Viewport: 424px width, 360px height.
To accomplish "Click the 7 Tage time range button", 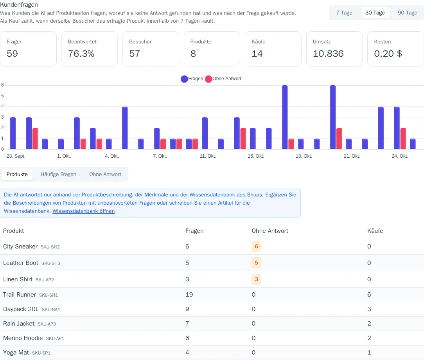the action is [x=344, y=13].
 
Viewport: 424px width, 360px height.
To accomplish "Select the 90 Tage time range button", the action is [x=407, y=13].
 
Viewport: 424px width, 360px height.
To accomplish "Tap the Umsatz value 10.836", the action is [x=328, y=54].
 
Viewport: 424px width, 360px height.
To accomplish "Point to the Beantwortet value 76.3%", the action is [x=81, y=54].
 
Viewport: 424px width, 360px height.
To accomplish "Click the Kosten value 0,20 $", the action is [x=388, y=54].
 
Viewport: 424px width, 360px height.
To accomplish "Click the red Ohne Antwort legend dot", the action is [x=208, y=79].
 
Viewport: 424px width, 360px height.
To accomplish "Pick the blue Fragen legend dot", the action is [x=184, y=79].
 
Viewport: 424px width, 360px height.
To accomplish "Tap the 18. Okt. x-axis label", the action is [x=304, y=156].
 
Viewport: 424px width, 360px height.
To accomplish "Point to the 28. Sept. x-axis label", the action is [x=16, y=156].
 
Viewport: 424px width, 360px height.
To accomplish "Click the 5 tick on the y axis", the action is [x=2, y=96].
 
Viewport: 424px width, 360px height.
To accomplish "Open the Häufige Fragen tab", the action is [x=58, y=175].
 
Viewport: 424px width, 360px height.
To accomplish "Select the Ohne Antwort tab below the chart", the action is [x=105, y=175].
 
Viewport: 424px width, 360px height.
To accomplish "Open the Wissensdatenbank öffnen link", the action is [x=84, y=211].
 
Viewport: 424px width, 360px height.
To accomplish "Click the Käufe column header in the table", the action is [x=375, y=231].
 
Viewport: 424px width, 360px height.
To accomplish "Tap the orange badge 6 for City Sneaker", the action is [x=256, y=247].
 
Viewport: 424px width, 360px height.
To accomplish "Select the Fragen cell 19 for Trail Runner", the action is [x=189, y=295].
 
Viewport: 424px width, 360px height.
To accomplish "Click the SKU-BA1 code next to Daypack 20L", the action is [x=51, y=310].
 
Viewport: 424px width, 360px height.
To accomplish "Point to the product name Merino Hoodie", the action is [x=23, y=338].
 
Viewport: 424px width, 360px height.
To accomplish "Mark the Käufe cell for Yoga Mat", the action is [x=369, y=353].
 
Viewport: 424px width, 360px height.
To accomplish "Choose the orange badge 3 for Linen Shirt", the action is [x=256, y=279].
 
